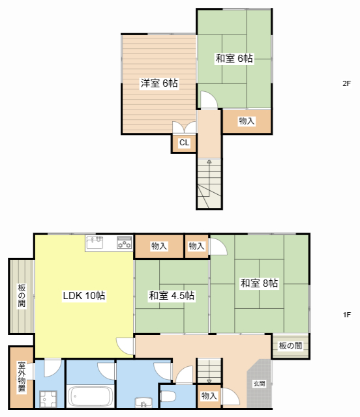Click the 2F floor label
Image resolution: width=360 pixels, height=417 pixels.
pyautogui.click(x=347, y=83)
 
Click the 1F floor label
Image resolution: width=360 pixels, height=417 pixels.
pyautogui.click(x=347, y=315)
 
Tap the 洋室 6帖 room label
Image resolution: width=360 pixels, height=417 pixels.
pyautogui.click(x=159, y=83)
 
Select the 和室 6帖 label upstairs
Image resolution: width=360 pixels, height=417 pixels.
pyautogui.click(x=234, y=58)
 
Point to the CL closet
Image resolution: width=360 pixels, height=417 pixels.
pyautogui.click(x=185, y=143)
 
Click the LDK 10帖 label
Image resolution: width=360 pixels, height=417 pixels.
pyautogui.click(x=84, y=295)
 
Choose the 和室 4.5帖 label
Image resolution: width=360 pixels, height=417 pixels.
pyautogui.click(x=172, y=295)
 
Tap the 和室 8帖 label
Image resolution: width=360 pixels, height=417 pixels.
pyautogui.click(x=259, y=283)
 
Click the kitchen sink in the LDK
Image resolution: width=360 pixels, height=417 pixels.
pyautogui.click(x=95, y=242)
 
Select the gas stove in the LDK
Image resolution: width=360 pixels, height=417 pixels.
pyautogui.click(x=125, y=242)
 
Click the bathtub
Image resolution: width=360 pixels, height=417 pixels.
pyautogui.click(x=90, y=397)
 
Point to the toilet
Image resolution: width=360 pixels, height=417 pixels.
pyautogui.click(x=168, y=397)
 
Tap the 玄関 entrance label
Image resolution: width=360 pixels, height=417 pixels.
pyautogui.click(x=259, y=384)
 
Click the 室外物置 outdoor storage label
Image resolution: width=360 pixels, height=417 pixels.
pyautogui.click(x=22, y=377)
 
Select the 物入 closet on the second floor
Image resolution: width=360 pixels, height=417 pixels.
pyautogui.click(x=247, y=121)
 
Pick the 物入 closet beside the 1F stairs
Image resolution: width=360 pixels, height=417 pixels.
pyautogui.click(x=209, y=396)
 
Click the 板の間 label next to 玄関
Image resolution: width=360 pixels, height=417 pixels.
pyautogui.click(x=290, y=346)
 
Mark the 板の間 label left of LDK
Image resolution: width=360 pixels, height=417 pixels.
pyautogui.click(x=22, y=295)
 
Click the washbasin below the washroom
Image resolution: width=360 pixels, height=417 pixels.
pyautogui.click(x=143, y=402)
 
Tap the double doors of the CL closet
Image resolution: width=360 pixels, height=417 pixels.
pyautogui.click(x=185, y=128)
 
